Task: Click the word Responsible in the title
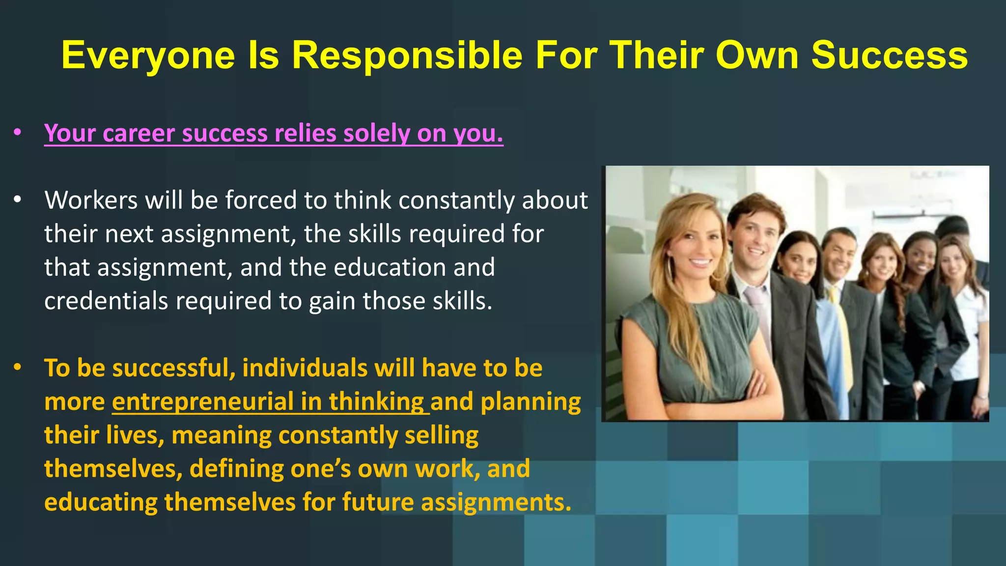point(407,55)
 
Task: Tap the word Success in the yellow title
point(889,55)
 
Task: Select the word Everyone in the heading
point(148,56)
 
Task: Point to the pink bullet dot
point(18,132)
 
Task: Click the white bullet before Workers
point(18,199)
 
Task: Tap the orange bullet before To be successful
point(18,367)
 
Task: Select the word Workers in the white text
point(91,200)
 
